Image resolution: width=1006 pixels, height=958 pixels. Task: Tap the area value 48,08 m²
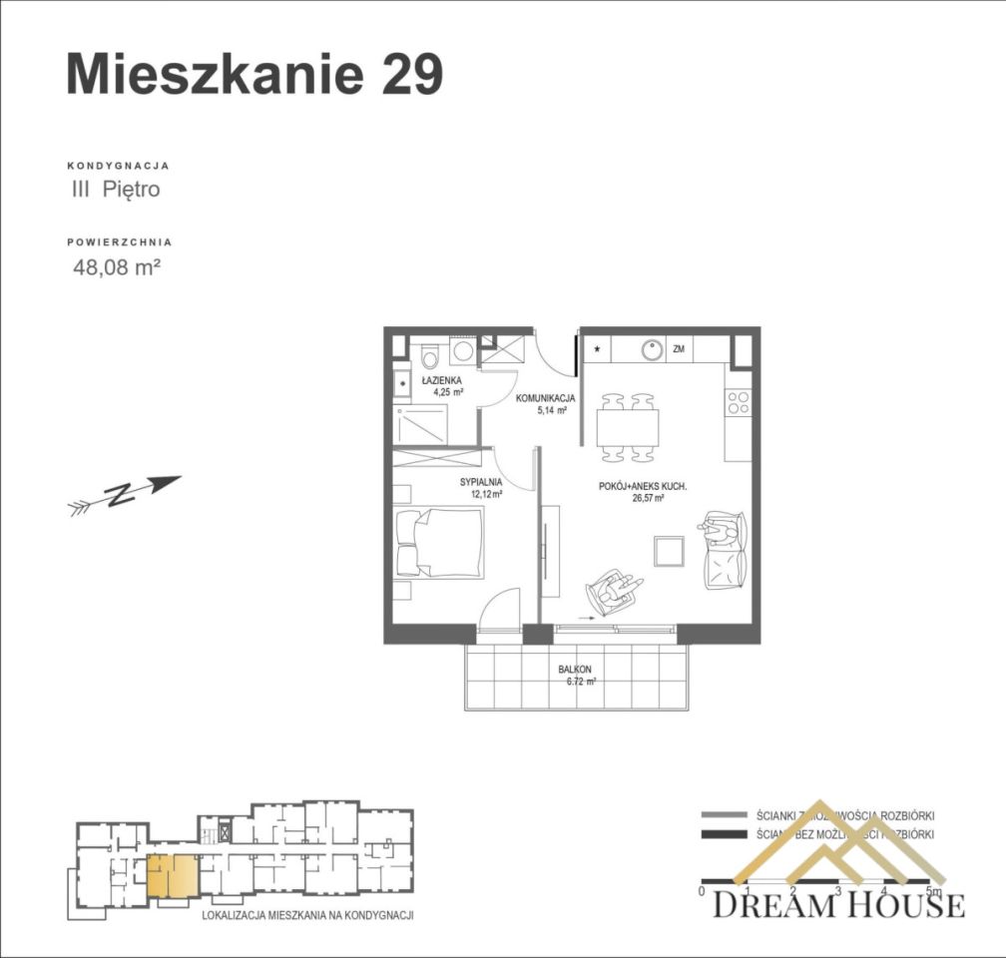[x=117, y=266]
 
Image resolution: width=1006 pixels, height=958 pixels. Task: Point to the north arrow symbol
[x=124, y=494]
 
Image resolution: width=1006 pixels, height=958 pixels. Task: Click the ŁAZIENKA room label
[x=441, y=380]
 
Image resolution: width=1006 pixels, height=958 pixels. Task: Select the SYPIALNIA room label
[x=480, y=481]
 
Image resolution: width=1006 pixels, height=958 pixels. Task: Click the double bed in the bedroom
[x=439, y=543]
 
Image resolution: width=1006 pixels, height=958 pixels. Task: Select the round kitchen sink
[x=652, y=350]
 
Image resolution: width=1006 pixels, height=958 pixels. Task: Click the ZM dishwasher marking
[x=679, y=350]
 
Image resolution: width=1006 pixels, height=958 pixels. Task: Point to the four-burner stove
[x=739, y=402]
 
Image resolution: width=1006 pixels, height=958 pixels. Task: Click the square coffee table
[x=668, y=550]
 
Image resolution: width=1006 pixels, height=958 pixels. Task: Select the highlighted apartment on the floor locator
[x=173, y=875]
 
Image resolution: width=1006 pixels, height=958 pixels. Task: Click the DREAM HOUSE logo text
[x=838, y=905]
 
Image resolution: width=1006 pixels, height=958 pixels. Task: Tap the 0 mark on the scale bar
[x=703, y=890]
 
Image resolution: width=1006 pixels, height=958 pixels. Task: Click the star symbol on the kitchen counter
[x=598, y=349]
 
